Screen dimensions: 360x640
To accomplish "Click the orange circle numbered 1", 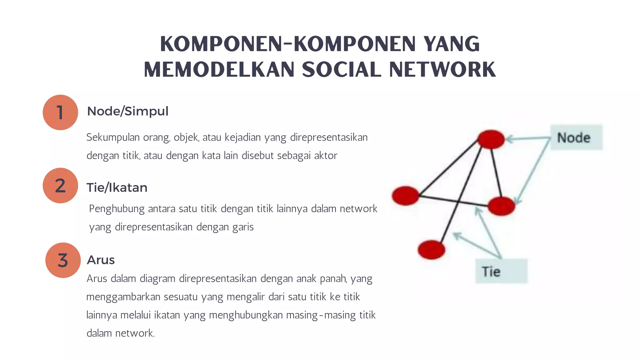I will tap(60, 112).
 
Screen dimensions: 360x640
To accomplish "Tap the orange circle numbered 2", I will tap(60, 186).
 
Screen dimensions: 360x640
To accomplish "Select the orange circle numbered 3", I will tap(63, 260).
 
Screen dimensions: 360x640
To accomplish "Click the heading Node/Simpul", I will tap(127, 111).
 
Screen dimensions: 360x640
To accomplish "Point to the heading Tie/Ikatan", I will tap(117, 187).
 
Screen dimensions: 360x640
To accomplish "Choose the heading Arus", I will tap(101, 260).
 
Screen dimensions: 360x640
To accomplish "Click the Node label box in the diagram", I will tap(576, 137).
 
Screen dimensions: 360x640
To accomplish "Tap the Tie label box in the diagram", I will tap(501, 271).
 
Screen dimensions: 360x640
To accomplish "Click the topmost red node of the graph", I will tap(491, 139).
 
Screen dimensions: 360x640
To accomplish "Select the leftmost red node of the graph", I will tap(405, 196).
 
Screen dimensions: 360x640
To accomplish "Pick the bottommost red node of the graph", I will tap(431, 250).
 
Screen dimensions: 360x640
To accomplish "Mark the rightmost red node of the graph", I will tap(501, 206).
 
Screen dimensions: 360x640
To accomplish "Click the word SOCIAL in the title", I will tap(342, 69).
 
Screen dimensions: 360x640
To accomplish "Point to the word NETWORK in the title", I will tap(442, 69).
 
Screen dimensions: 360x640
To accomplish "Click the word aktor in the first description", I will tap(326, 155).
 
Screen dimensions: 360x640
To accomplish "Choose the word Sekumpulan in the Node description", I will tap(113, 137).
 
